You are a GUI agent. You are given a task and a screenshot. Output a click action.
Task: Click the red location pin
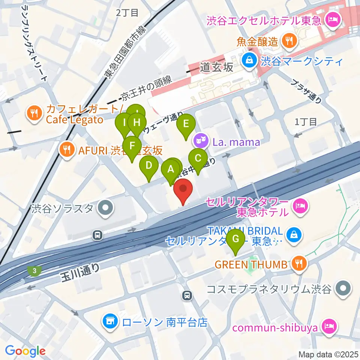click(x=183, y=189)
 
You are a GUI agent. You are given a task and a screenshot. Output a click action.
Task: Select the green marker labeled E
click(x=186, y=123)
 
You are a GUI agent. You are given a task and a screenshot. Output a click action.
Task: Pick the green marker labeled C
click(x=198, y=158)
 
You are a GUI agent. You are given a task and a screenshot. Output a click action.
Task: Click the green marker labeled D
click(x=149, y=165)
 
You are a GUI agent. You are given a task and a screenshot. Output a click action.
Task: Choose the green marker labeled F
click(x=131, y=145)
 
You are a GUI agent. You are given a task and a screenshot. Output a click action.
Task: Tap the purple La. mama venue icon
click(x=200, y=142)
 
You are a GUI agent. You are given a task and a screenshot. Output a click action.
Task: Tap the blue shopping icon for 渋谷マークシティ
click(x=248, y=59)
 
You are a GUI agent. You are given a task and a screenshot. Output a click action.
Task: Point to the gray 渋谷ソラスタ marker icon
click(x=105, y=208)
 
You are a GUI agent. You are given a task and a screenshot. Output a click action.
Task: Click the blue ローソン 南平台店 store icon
click(x=110, y=321)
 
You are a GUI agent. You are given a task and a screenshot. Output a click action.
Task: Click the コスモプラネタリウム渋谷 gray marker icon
click(x=342, y=289)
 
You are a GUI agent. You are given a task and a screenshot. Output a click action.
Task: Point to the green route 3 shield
click(x=34, y=270)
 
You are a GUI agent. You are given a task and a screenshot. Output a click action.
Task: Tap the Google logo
click(x=25, y=351)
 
